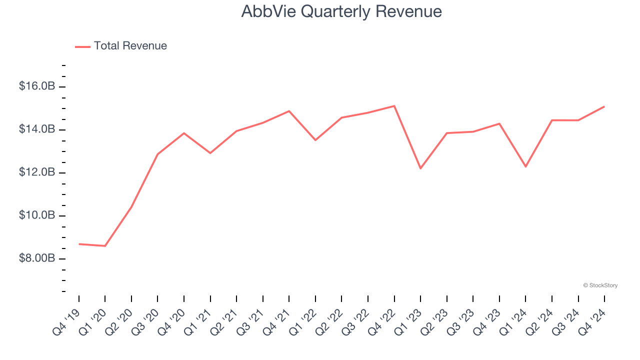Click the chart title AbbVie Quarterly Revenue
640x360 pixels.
pos(341,11)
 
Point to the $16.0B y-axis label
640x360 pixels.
pos(37,86)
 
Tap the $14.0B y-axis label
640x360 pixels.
pos(37,129)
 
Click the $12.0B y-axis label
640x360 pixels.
pos(37,172)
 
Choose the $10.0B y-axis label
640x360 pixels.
pos(37,215)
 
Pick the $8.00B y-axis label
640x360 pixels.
pos(37,258)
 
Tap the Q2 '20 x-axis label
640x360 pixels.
pos(119,321)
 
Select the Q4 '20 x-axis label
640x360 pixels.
pos(172,321)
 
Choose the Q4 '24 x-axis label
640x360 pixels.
pos(592,321)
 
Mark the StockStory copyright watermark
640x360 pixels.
pos(600,285)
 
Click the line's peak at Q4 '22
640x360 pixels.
pos(394,106)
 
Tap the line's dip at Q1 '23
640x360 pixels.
pos(420,168)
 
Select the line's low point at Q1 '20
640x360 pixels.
pos(105,246)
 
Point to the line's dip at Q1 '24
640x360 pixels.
pos(525,166)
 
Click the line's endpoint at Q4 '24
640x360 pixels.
pos(604,106)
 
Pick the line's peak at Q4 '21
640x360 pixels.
pos(289,111)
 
